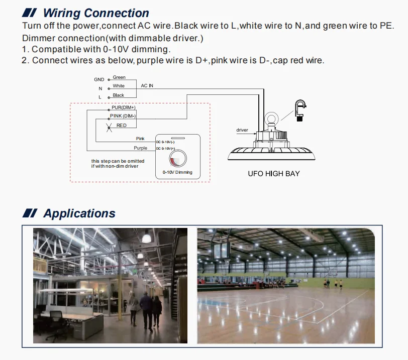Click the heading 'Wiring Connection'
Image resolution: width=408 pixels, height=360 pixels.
tap(96, 13)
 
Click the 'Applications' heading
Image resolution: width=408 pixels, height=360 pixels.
tap(79, 213)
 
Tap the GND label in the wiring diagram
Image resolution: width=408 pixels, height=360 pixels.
tap(99, 79)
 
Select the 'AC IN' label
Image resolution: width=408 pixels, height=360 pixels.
tap(147, 85)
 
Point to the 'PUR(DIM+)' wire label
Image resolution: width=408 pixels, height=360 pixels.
tap(123, 107)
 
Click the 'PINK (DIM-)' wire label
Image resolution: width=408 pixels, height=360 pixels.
tap(123, 116)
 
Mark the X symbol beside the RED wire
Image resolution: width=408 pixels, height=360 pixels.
tap(110, 128)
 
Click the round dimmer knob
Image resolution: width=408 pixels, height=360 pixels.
tap(178, 158)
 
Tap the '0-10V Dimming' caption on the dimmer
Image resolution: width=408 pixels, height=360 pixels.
tap(177, 172)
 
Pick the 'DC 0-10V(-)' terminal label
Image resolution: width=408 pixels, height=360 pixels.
tap(165, 142)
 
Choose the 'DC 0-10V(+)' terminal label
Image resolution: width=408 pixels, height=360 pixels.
tap(165, 149)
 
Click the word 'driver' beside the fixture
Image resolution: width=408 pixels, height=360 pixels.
tap(242, 130)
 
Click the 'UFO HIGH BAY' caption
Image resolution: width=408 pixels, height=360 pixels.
tap(274, 174)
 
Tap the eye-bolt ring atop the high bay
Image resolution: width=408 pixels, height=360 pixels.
tap(271, 113)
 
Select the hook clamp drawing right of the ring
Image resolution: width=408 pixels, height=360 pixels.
tap(300, 110)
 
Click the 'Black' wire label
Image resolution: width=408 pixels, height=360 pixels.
tap(119, 95)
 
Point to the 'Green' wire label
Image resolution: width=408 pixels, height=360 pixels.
tap(119, 77)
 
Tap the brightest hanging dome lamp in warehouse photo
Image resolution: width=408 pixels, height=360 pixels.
tap(147, 237)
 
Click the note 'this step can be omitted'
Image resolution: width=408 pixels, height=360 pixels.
tap(118, 161)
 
